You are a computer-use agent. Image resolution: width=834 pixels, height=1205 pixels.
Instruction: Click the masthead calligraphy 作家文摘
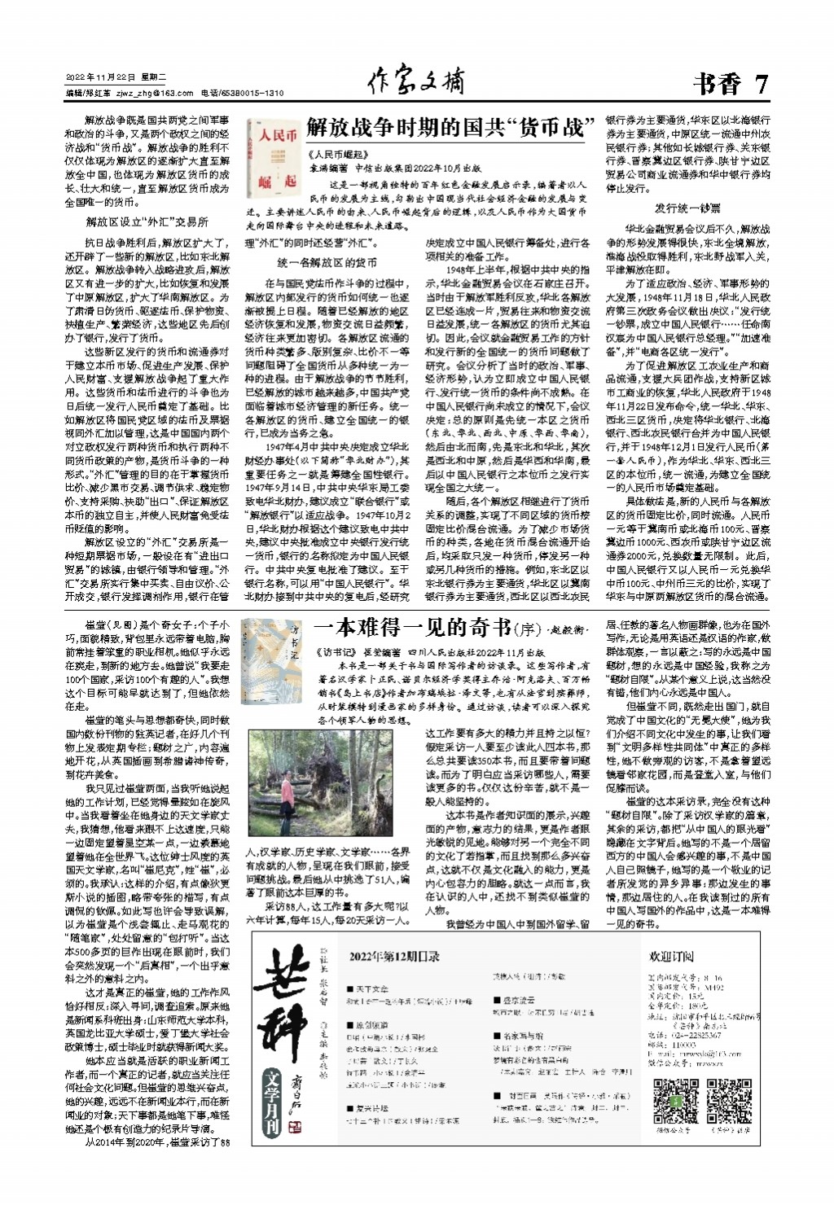point(416,81)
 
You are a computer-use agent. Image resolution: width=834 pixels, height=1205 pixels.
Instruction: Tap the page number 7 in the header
point(762,84)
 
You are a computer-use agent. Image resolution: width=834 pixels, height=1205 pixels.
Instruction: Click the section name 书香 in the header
point(717,84)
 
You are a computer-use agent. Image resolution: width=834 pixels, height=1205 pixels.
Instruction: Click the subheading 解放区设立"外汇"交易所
point(147,221)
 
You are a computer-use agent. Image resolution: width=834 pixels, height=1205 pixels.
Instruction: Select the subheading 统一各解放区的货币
point(327,263)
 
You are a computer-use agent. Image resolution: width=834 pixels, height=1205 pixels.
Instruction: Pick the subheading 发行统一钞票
point(687,208)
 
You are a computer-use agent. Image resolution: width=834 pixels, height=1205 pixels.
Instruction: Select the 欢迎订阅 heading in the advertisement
point(671,955)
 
